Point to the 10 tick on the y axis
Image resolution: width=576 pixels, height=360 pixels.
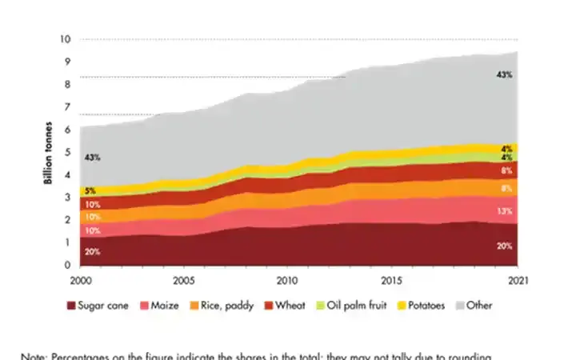pos(66,39)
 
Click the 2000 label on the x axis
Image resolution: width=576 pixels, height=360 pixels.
pos(80,282)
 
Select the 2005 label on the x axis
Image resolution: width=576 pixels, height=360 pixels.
pos(184,282)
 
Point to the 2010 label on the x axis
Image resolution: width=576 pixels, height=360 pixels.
pos(287,282)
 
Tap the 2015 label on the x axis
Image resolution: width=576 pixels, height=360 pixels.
pos(391,282)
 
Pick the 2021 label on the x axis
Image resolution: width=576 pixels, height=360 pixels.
pos(515,282)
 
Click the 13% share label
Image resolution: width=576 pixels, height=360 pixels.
pos(505,211)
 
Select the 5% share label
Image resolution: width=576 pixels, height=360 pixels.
pos(91,190)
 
